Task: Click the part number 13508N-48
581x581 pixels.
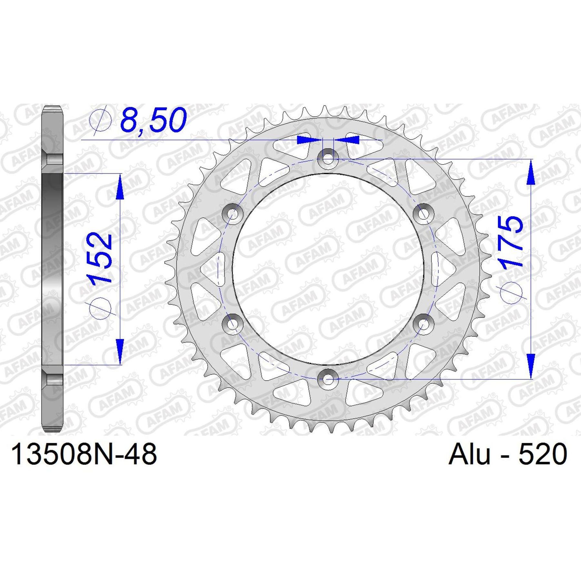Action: [84, 454]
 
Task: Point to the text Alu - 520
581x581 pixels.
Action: [508, 454]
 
